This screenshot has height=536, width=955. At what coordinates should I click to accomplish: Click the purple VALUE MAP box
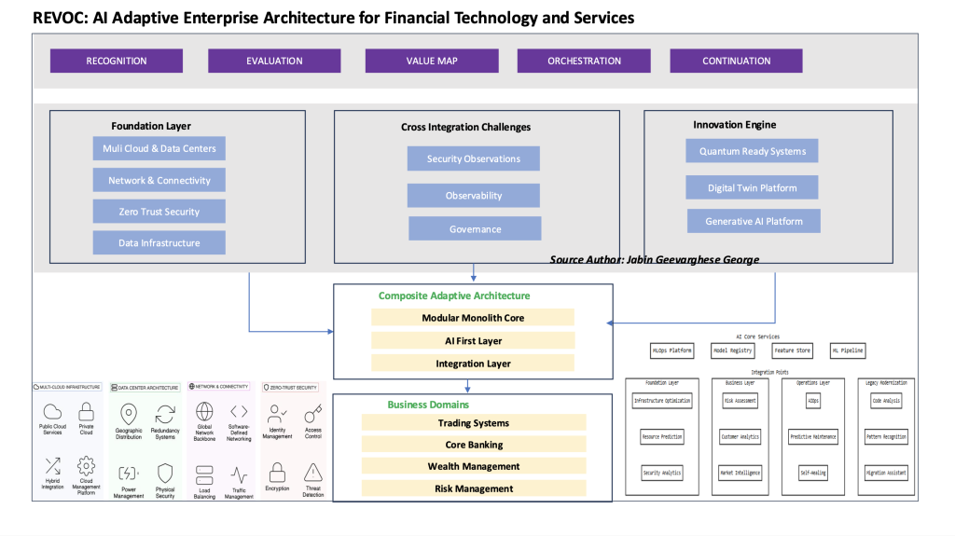click(432, 61)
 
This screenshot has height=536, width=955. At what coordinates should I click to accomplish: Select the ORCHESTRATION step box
click(584, 61)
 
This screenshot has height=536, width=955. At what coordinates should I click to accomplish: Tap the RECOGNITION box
click(117, 61)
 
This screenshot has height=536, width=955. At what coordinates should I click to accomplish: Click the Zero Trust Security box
click(159, 212)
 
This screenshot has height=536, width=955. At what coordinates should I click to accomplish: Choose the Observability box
click(473, 196)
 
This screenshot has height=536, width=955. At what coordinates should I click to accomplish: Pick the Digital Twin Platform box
click(752, 187)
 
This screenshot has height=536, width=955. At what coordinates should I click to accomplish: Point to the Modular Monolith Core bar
click(473, 318)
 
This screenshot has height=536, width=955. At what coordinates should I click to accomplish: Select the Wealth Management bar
click(473, 466)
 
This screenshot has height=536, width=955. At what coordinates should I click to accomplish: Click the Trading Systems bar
click(473, 423)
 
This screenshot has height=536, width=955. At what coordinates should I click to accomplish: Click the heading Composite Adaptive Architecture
click(453, 295)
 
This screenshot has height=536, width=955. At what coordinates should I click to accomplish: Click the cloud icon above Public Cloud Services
click(52, 411)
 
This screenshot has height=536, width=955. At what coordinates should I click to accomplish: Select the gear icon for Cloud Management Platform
click(86, 466)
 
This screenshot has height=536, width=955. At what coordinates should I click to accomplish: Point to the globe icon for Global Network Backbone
click(205, 411)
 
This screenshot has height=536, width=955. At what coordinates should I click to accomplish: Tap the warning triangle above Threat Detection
click(313, 472)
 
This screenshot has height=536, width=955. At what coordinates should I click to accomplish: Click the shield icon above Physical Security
click(165, 472)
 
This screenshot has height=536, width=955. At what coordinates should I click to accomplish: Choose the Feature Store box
click(792, 350)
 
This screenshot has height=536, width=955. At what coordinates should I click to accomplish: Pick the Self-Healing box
click(812, 473)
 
